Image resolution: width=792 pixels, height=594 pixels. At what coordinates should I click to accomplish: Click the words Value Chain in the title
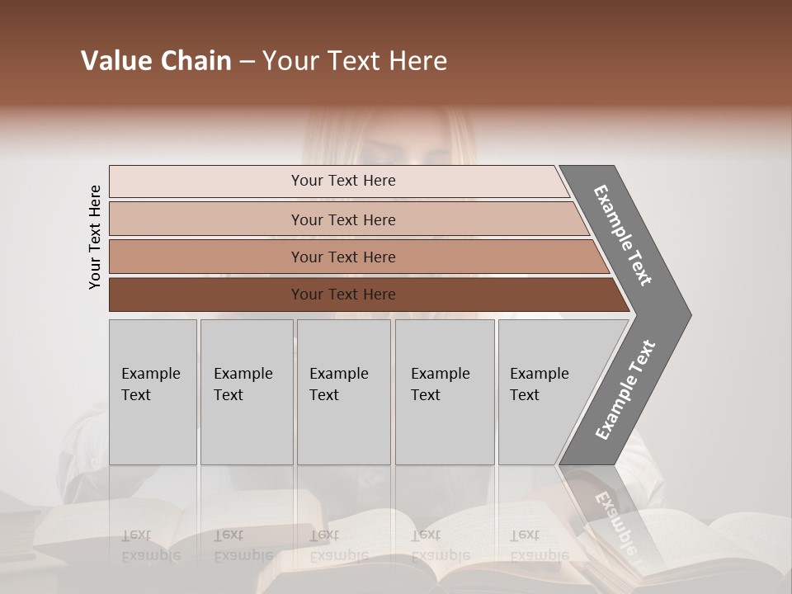pos(156,61)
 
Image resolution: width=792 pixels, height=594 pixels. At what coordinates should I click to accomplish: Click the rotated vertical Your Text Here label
pos(95,237)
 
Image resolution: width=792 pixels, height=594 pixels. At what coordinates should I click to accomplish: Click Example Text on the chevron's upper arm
pos(623,235)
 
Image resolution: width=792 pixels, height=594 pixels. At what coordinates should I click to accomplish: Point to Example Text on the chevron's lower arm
pos(625,389)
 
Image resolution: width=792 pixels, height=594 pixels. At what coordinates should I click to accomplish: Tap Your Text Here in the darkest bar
pos(343,295)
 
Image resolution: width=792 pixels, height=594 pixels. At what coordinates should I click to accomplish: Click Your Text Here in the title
pos(355,61)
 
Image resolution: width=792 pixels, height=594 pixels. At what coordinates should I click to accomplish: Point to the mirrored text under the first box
pos(151,545)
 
